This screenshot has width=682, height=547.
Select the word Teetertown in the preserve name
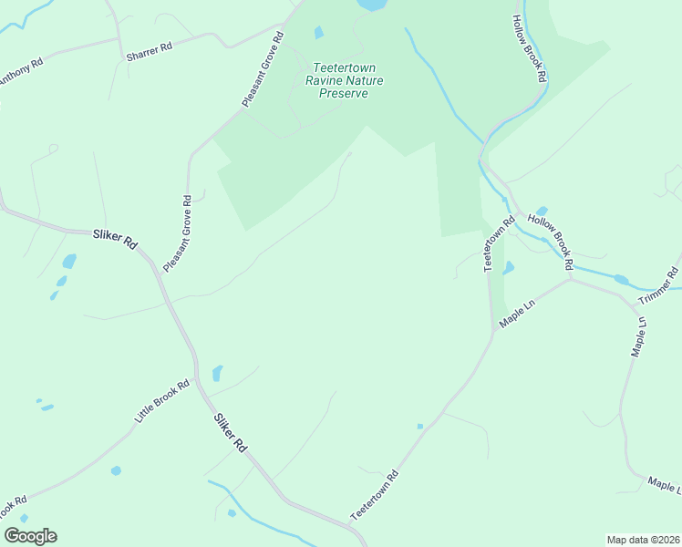(x=344, y=67)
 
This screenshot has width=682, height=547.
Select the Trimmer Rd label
(x=658, y=286)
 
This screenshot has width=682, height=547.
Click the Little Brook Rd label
(x=161, y=401)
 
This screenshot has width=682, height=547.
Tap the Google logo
(x=30, y=536)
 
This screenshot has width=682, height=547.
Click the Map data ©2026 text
(x=642, y=540)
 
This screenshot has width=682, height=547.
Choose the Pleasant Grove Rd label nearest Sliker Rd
(x=177, y=233)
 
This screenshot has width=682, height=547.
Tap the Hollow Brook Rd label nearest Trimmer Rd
(x=550, y=243)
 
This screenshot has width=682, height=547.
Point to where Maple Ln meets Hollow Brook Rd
(x=571, y=278)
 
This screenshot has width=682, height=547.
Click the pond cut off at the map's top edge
(x=372, y=5)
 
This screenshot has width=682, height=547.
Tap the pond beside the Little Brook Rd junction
(x=217, y=373)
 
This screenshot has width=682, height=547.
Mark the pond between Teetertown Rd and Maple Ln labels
(x=508, y=268)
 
